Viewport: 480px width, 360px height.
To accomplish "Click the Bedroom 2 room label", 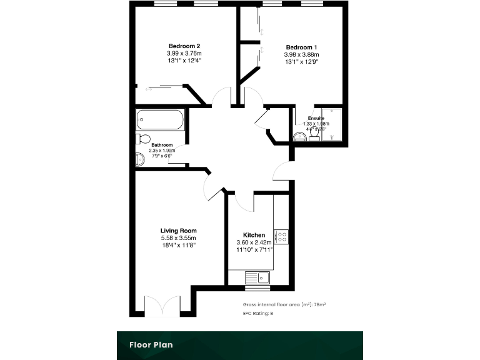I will [x=184, y=46].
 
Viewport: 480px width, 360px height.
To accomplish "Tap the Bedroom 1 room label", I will [x=301, y=47].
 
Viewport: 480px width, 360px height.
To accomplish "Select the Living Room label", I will [x=178, y=231].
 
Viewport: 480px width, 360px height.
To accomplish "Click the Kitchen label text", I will [x=254, y=235].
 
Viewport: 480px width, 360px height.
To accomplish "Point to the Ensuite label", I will [x=316, y=118].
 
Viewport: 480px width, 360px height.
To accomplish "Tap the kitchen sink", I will [x=257, y=277].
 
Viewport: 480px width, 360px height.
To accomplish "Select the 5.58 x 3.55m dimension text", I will [x=178, y=238].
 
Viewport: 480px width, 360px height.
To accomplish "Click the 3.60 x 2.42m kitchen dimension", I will [x=254, y=242].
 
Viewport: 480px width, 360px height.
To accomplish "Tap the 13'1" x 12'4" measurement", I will [x=184, y=61].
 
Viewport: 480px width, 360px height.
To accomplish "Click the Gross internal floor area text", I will [x=284, y=304].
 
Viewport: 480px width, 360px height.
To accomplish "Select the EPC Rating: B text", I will [x=258, y=312].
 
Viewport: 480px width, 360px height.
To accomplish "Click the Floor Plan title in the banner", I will [x=151, y=344].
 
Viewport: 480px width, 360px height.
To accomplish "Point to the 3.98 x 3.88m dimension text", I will [x=301, y=54].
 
